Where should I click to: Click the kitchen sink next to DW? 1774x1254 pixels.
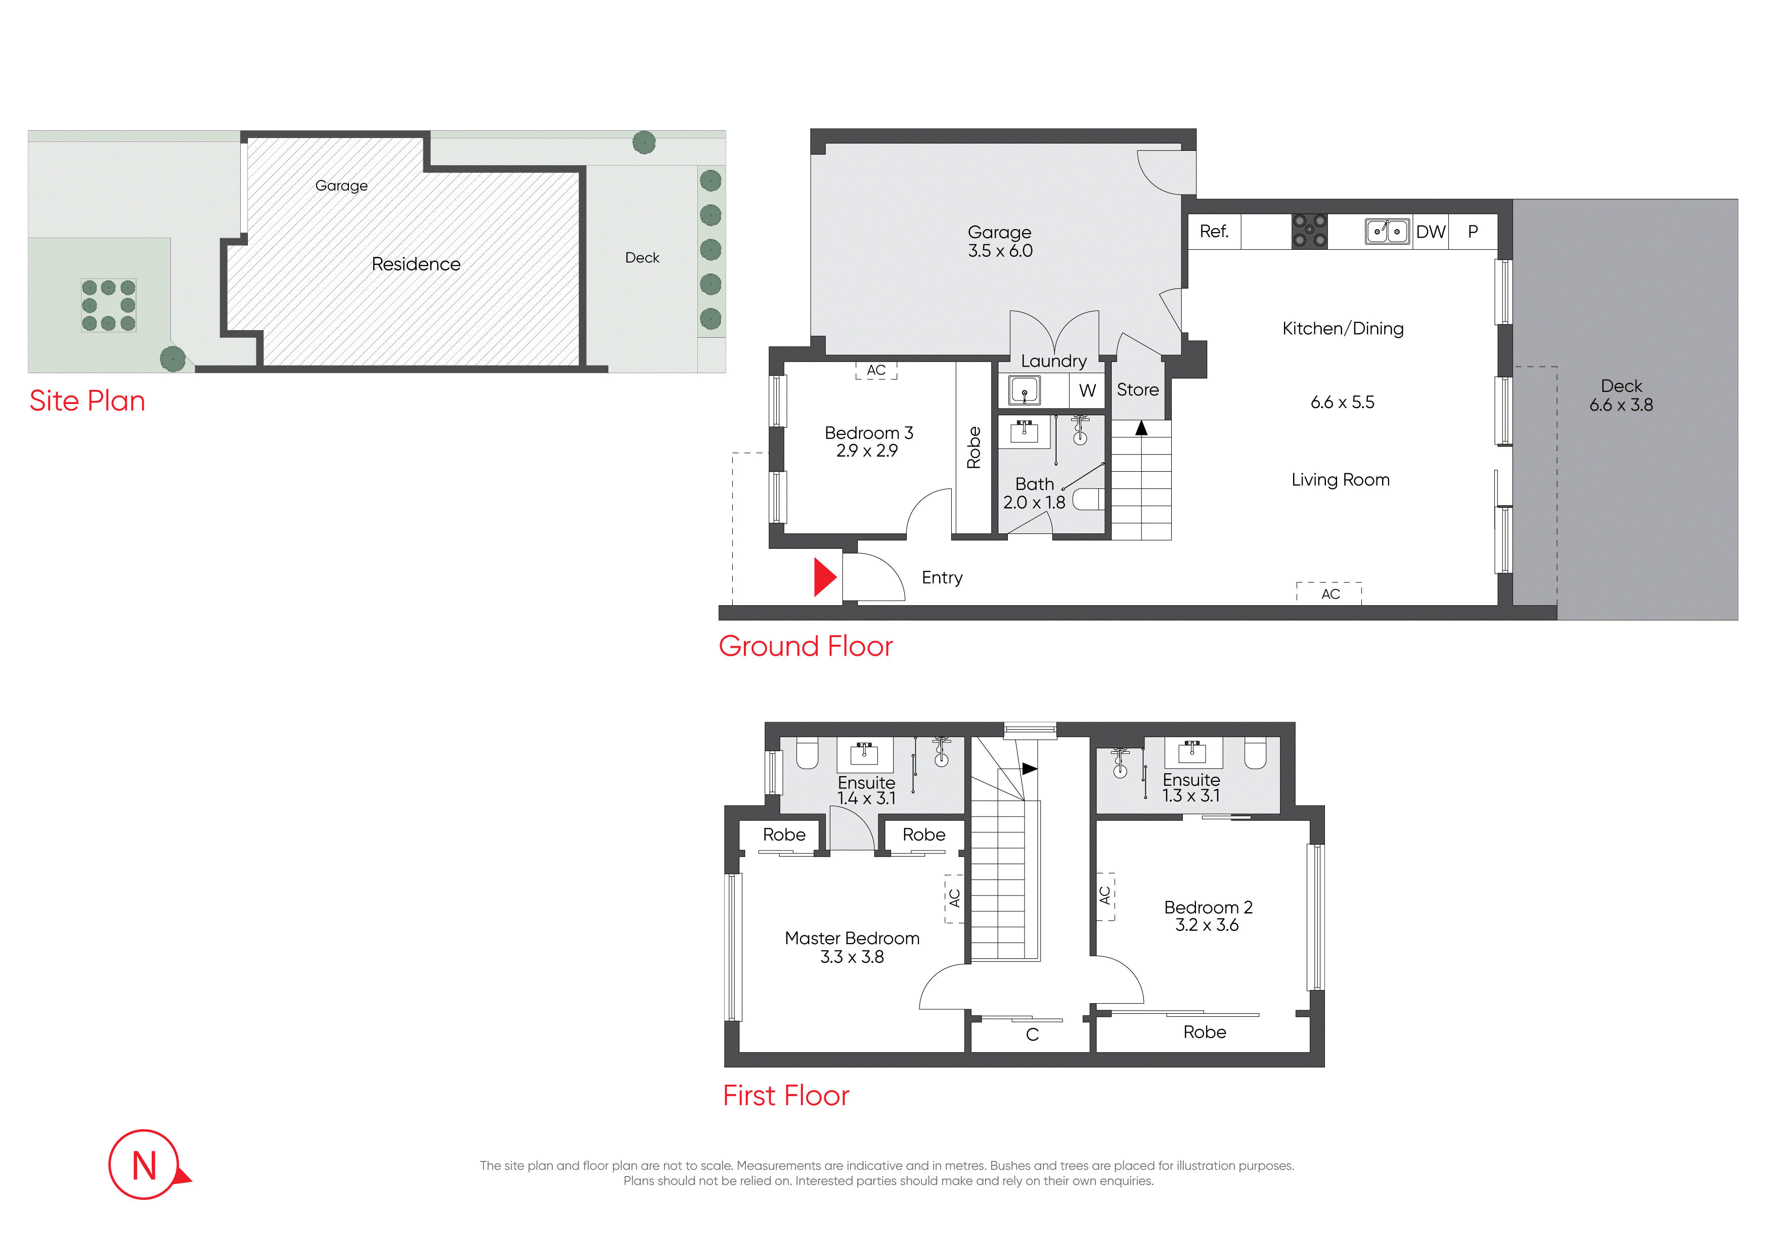tap(1387, 231)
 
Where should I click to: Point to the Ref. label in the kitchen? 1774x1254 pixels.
tap(1214, 231)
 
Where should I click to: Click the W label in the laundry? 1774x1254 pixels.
tap(1087, 391)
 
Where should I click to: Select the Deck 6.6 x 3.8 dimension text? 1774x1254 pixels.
tap(1621, 405)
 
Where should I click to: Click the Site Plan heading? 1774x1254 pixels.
tap(87, 400)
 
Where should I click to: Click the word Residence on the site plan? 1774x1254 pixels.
tap(416, 264)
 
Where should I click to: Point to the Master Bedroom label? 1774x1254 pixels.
tap(852, 938)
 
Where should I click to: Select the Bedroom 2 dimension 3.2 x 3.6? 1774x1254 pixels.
tap(1207, 925)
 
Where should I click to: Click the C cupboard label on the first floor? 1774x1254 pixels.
tap(1032, 1035)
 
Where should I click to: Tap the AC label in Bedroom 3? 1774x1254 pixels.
tap(876, 370)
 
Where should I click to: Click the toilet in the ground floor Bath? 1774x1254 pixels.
tap(1086, 499)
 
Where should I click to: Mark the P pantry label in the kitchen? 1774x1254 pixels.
tap(1473, 231)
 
